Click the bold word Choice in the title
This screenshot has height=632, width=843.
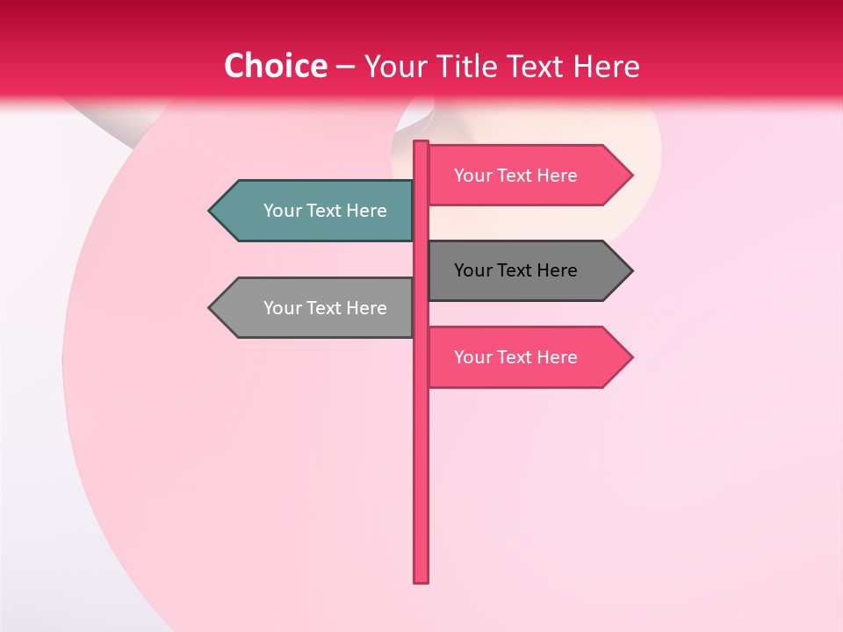[x=275, y=66]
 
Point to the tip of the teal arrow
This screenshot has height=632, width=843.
[x=211, y=211]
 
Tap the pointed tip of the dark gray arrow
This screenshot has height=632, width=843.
[x=630, y=270]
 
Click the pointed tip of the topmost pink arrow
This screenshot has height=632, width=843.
[x=630, y=176]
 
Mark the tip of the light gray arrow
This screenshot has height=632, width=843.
[x=211, y=308]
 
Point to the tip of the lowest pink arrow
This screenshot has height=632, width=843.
[x=630, y=357]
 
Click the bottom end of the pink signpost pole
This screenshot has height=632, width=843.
[x=421, y=579]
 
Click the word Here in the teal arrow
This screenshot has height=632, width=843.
[x=367, y=211]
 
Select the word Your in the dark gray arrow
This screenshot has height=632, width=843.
[x=472, y=270]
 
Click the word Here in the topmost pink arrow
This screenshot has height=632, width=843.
[x=558, y=176]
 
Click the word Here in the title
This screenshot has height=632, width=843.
[x=606, y=66]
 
